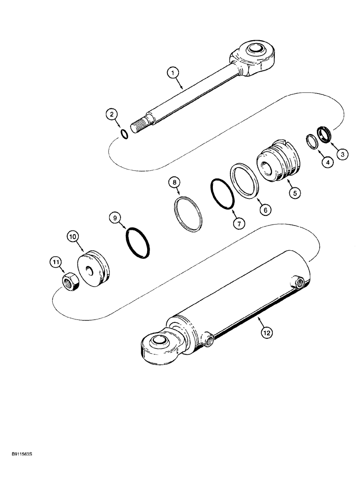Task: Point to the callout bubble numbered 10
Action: click(x=73, y=236)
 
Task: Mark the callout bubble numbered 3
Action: click(x=343, y=154)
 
